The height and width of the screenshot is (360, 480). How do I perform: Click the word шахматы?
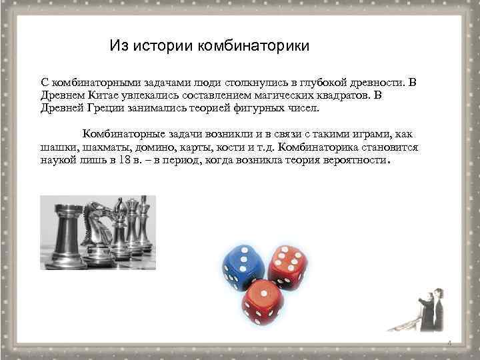[104, 147]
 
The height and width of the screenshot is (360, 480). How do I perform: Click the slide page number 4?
[449, 343]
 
